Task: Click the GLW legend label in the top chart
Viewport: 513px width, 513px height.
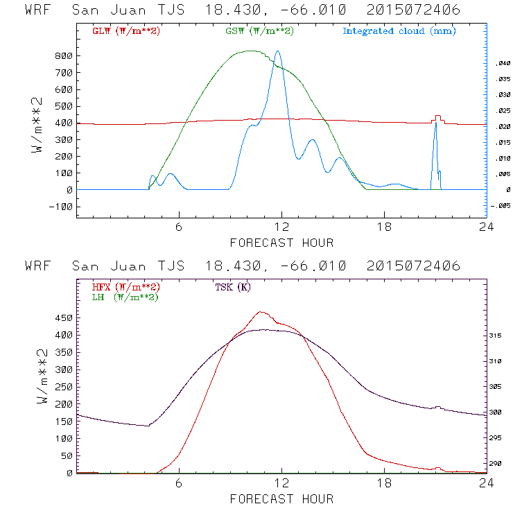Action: [x=125, y=31]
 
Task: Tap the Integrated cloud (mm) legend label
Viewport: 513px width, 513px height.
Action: [x=399, y=31]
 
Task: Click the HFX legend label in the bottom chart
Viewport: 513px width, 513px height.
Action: [x=125, y=287]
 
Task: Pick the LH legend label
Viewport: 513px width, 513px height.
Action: [x=125, y=297]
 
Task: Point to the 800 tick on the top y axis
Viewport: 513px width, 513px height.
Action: [x=64, y=56]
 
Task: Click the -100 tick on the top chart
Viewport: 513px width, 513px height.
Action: [x=61, y=207]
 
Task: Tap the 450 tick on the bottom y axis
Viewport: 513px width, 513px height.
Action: [x=64, y=318]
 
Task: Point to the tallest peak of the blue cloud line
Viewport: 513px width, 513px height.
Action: [x=278, y=51]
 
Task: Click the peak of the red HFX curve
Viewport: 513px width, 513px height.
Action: [x=261, y=312]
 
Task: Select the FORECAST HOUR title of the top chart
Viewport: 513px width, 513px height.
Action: [x=281, y=243]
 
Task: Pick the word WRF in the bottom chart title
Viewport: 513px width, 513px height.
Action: [x=37, y=266]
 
